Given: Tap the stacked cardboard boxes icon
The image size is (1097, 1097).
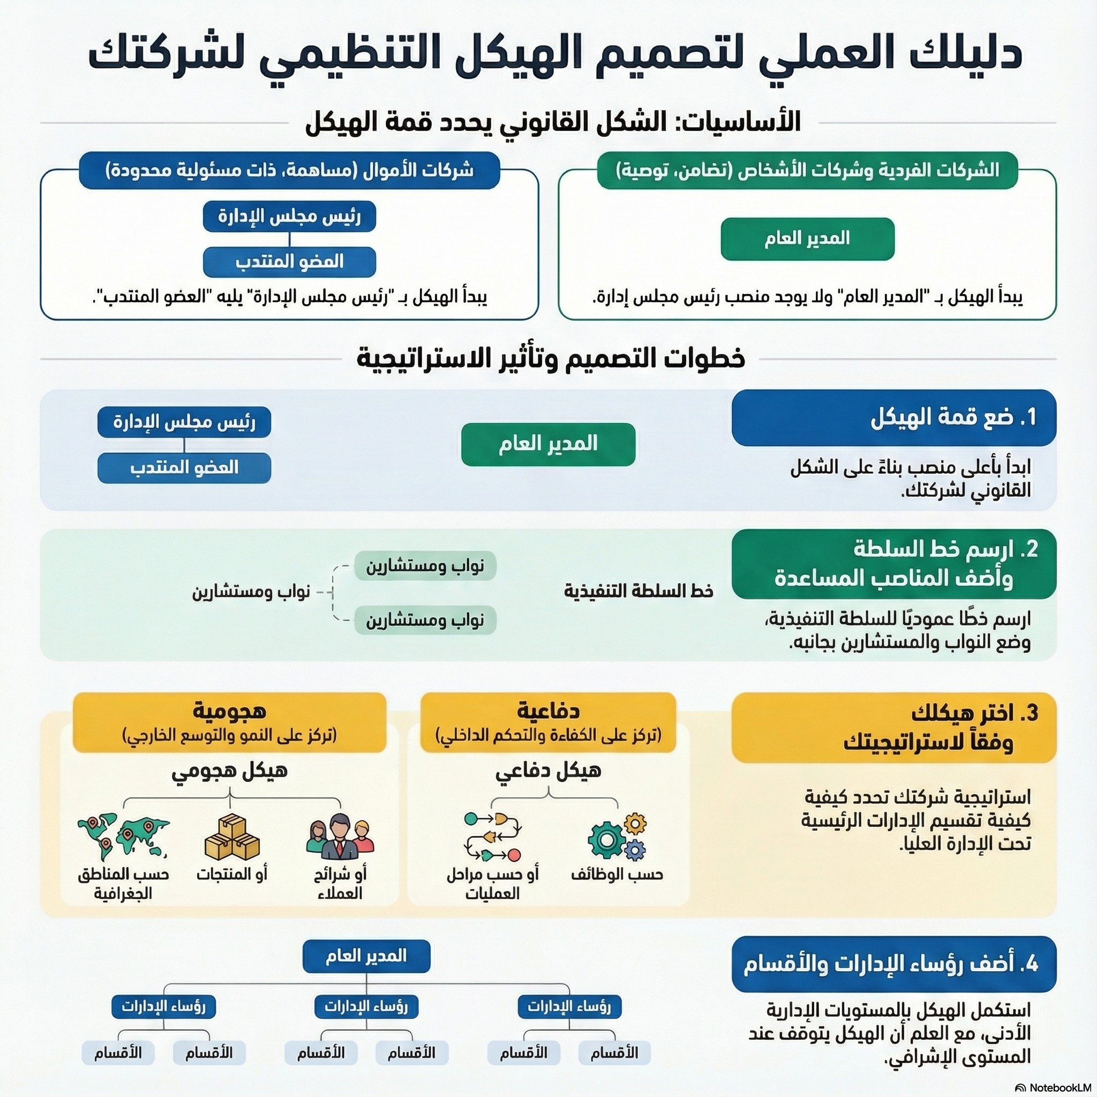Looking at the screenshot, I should tap(231, 838).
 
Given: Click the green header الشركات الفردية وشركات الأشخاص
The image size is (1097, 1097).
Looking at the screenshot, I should tap(807, 170).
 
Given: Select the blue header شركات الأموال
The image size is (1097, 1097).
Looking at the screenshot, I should tap(289, 170).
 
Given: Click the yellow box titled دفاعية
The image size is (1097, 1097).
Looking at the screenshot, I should tap(548, 722).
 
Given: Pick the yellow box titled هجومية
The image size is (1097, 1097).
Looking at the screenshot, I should tap(229, 722).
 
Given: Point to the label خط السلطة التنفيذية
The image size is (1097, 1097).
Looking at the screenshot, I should tap(639, 591).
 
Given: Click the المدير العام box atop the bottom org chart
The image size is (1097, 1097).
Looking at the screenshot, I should tap(366, 956).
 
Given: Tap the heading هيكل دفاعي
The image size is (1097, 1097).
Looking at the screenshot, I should tap(548, 770).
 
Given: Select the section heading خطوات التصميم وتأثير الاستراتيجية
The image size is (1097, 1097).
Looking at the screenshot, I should tap(550, 358).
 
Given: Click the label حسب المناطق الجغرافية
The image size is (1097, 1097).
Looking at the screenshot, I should tap(123, 883).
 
